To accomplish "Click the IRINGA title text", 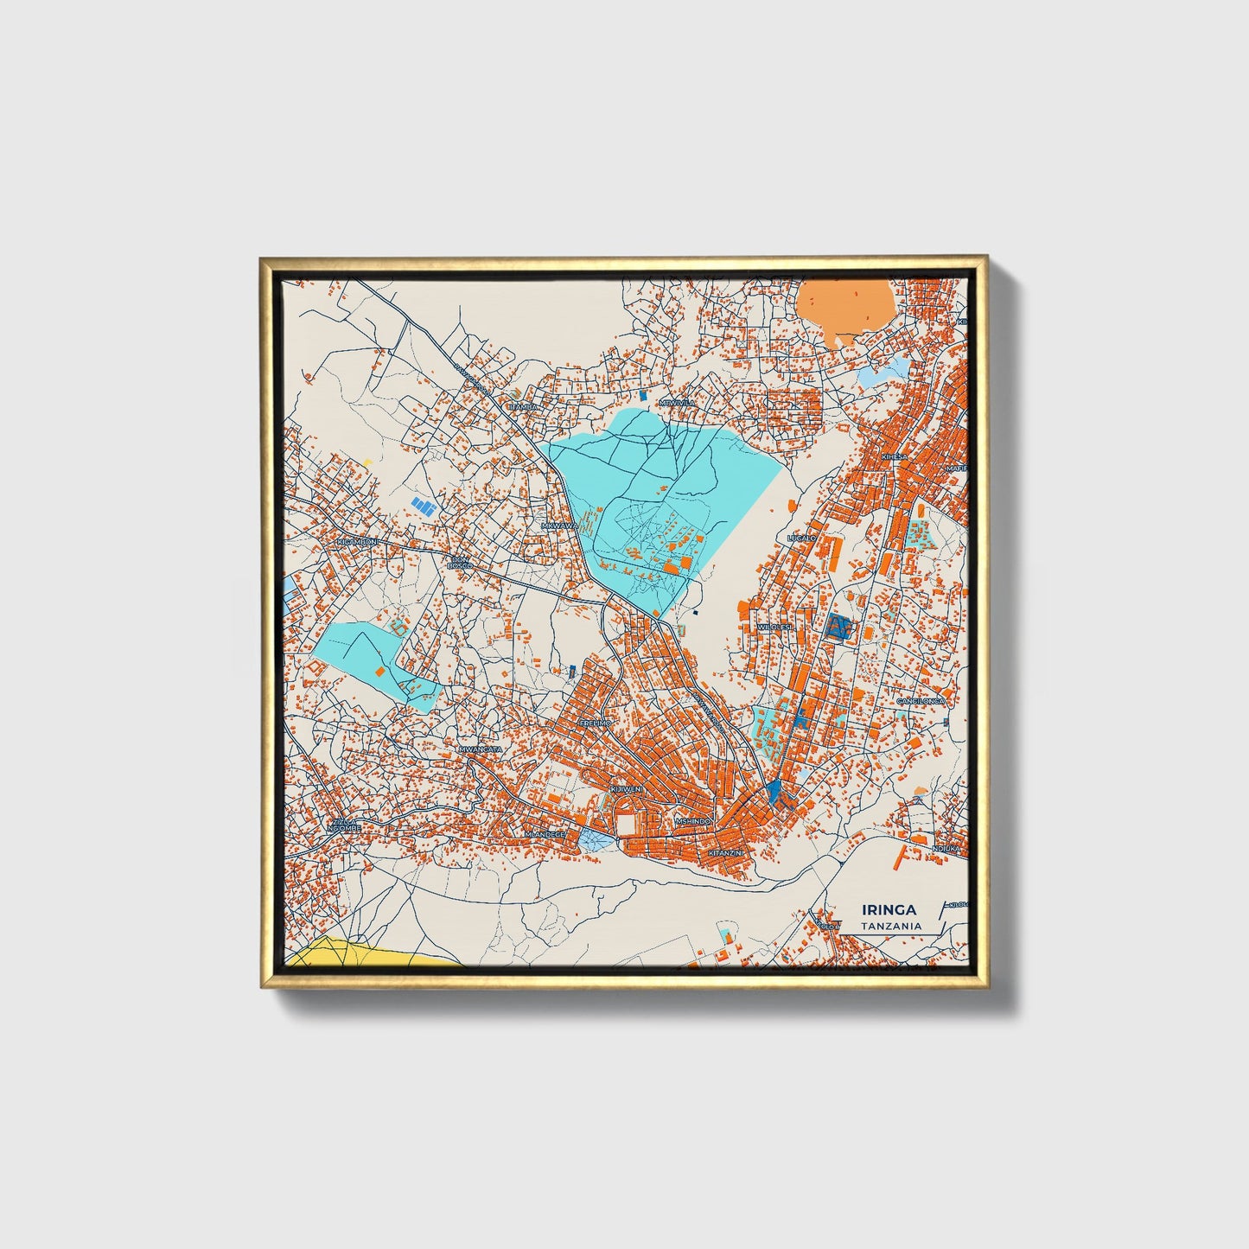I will coord(889,909).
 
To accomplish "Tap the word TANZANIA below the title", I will coord(891,926).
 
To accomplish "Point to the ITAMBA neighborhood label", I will coord(524,406).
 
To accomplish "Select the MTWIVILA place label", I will coord(677,403).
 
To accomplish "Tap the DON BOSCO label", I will coord(460,563).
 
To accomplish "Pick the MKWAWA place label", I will coord(558,526).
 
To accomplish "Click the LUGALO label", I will coord(801,538).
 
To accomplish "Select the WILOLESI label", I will coord(774,627).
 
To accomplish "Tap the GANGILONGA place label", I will coord(921,701).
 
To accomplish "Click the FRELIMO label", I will coord(596,722).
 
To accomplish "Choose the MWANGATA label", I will coord(481,749).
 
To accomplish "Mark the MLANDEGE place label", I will coord(545,834).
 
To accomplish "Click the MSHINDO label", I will coord(693,821).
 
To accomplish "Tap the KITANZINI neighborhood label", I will coord(725,853).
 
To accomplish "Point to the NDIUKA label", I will coord(946,849).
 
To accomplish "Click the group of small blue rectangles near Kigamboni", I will coord(423,506).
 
